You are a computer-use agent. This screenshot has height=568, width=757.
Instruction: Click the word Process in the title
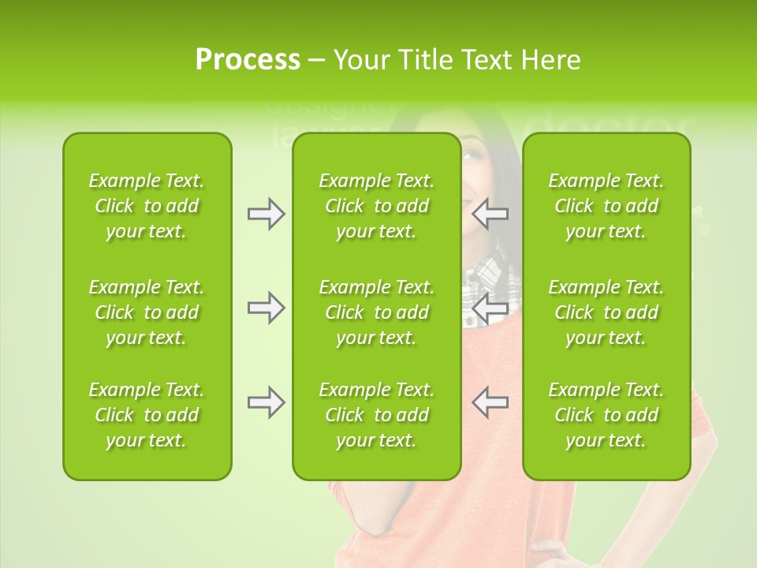point(247,60)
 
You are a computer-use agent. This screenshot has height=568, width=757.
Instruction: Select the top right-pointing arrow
point(266,214)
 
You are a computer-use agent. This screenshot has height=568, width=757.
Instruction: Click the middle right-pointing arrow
point(266,308)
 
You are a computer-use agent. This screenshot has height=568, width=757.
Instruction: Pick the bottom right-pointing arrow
point(266,402)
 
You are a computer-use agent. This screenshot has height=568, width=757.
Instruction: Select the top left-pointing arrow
point(490,214)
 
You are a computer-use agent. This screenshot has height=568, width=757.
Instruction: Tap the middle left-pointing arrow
point(490,308)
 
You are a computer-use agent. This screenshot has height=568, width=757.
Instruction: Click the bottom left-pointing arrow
point(490,402)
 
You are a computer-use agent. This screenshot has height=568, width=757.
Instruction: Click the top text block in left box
point(147,206)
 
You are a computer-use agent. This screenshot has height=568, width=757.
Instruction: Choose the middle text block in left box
point(147,312)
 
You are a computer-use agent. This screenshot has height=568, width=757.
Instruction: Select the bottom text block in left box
point(147,415)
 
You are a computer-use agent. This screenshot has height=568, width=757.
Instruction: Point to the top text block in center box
point(376,206)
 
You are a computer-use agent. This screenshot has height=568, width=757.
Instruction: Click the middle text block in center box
point(376,312)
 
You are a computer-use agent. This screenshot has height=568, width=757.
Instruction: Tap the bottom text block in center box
point(376,415)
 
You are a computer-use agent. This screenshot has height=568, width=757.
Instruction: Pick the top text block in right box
point(606,206)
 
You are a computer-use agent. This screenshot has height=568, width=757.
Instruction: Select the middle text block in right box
point(606,312)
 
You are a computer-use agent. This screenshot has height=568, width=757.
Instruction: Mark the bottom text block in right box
point(606,415)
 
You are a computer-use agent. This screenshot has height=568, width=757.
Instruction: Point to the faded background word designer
point(327,110)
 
